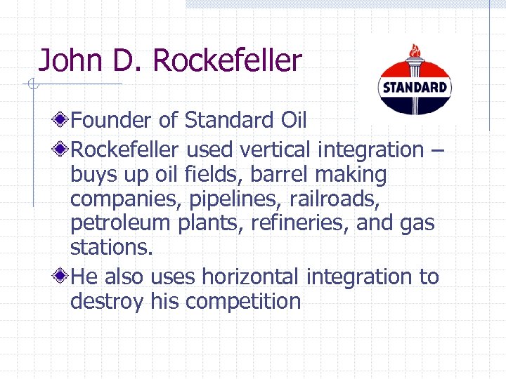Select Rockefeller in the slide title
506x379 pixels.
[x=226, y=61]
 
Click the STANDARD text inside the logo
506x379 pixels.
[x=414, y=88]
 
